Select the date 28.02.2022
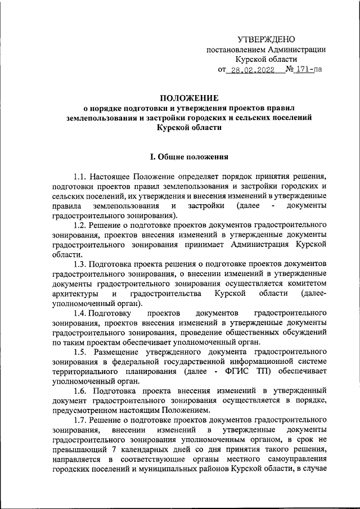coord(251,70)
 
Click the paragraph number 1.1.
coord(80,177)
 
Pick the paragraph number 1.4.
coord(80,313)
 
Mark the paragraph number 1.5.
coord(80,352)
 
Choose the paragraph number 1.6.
coord(80,390)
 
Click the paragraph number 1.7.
coord(80,420)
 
